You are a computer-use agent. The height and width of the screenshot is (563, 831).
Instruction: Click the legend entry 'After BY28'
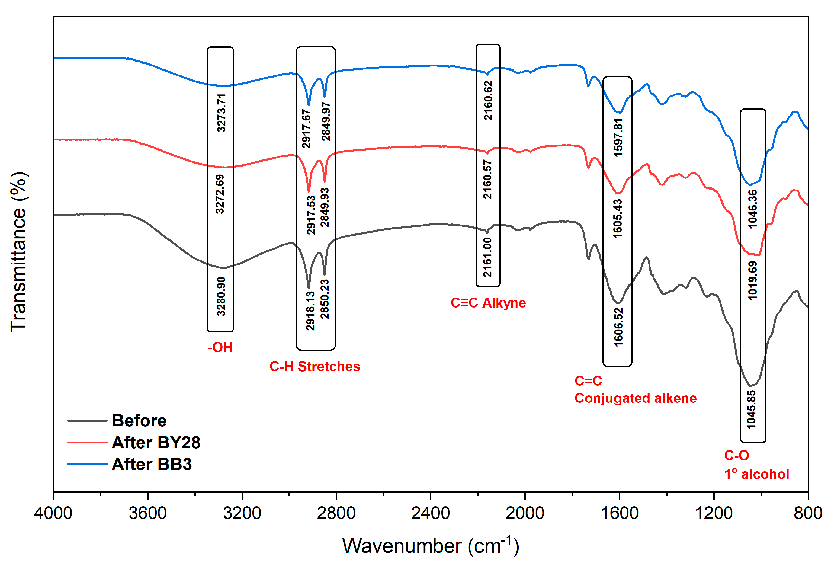pos(156,443)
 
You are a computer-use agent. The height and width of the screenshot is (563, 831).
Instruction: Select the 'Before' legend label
pos(139,421)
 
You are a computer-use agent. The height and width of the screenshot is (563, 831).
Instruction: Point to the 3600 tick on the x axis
pos(148,513)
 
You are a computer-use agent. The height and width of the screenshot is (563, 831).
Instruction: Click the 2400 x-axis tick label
pos(431,513)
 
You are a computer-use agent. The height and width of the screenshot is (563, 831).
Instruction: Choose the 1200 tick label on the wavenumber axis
pos(714,513)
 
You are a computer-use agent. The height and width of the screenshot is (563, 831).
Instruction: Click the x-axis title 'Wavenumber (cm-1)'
pos(431,545)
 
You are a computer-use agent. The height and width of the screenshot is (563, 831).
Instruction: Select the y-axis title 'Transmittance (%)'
pos(19,252)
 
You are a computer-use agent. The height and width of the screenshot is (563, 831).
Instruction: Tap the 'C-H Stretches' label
pos(315,367)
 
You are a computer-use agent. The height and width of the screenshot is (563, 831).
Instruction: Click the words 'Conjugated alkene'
pos(636,398)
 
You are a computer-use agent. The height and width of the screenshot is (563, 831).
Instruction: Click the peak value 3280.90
pos(221,296)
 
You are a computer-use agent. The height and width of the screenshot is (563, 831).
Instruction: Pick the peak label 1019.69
pos(753,280)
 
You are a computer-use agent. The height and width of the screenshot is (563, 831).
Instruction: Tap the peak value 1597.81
pos(618,137)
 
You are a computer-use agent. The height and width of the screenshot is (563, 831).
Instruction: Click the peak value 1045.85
pos(751,410)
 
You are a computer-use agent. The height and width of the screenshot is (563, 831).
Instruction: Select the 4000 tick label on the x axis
pos(53,513)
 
